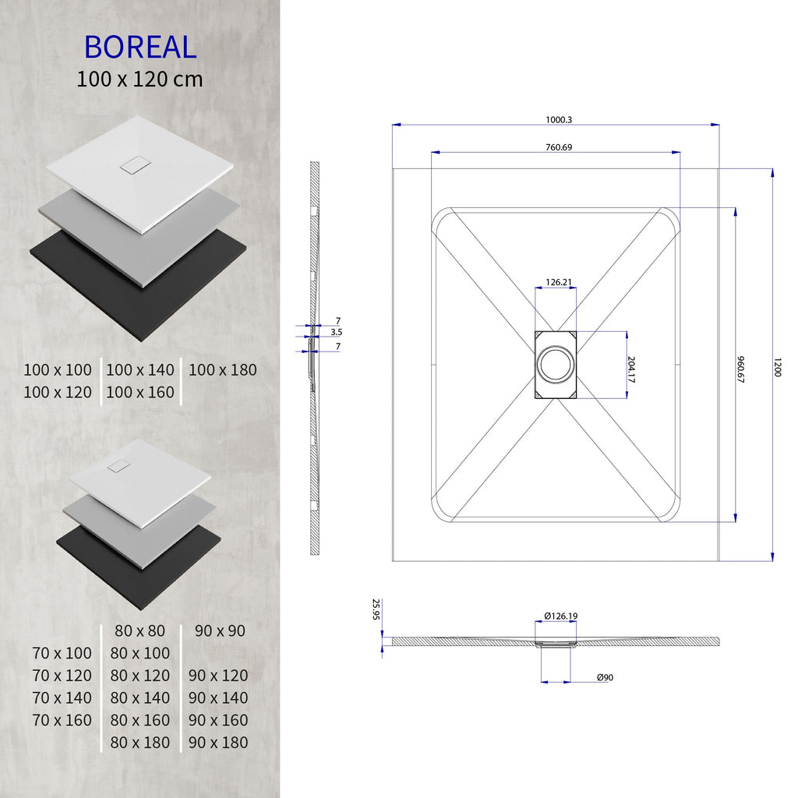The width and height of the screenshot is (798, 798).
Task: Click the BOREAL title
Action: pos(140,48)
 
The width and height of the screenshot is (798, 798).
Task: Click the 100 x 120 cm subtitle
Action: pos(140,79)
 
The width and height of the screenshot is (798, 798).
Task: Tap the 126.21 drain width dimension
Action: pos(555,283)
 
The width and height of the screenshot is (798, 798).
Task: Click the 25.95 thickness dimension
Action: pos(376,609)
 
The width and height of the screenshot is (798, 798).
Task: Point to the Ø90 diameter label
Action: pos(605,677)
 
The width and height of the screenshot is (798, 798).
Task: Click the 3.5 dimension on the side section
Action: pos(337,332)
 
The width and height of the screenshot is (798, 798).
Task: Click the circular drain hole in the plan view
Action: pos(555,365)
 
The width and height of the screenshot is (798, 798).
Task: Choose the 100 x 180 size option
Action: pos(222,370)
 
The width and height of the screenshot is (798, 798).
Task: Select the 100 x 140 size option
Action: pos(140,370)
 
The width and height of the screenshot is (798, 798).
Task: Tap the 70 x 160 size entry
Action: pos(62,720)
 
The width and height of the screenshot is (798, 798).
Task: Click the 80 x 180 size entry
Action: pos(140,743)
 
